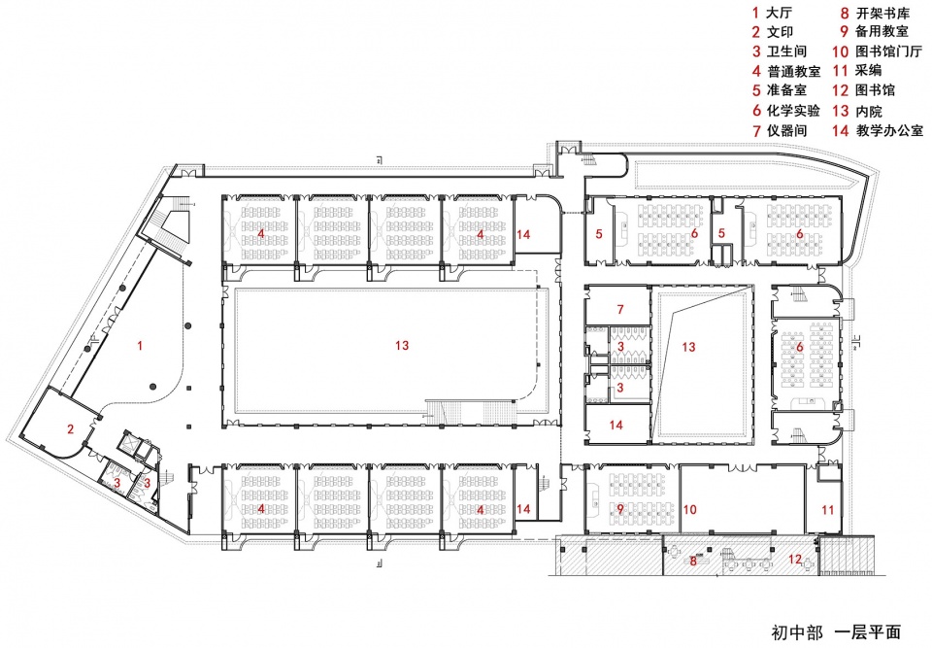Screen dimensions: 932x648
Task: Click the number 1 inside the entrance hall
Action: point(140,345)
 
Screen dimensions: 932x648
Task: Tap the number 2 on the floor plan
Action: point(70,428)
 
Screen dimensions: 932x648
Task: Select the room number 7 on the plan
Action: point(620,309)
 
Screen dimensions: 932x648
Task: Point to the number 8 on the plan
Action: point(693,560)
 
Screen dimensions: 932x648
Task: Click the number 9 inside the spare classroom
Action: point(620,509)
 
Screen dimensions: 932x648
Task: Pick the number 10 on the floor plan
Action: point(689,509)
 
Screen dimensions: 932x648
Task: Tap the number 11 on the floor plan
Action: point(827,509)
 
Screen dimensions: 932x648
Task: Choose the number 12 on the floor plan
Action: point(795,560)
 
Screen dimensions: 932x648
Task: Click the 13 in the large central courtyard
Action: point(402,345)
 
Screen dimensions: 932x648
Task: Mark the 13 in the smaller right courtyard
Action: point(688,346)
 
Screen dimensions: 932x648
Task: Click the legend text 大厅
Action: point(780,13)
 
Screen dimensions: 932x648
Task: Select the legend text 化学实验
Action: point(793,110)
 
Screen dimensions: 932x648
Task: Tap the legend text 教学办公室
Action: point(889,130)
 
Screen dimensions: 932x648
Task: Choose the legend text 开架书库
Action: point(882,13)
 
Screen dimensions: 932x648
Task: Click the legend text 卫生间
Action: point(786,51)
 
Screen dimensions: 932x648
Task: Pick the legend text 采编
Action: point(868,70)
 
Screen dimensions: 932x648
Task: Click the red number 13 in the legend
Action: point(840,111)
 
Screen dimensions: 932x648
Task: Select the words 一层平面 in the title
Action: point(868,631)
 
